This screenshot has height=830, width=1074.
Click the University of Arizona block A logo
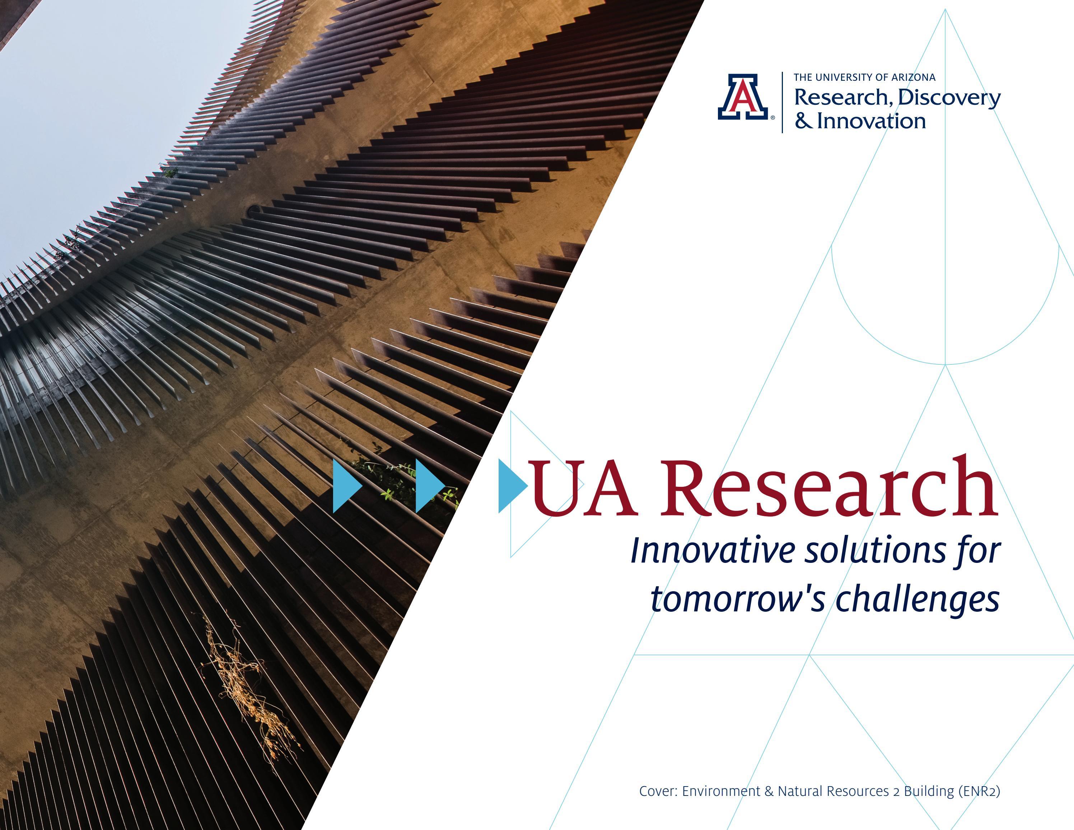[x=742, y=97]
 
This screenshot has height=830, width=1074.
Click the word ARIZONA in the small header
[x=915, y=77]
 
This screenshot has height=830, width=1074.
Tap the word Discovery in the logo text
[x=949, y=98]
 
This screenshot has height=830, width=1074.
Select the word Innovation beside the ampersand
[x=872, y=121]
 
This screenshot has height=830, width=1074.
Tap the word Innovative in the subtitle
[x=712, y=551]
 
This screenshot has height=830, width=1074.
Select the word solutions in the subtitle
[x=875, y=551]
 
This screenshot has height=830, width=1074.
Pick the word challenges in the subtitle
[x=917, y=600]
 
